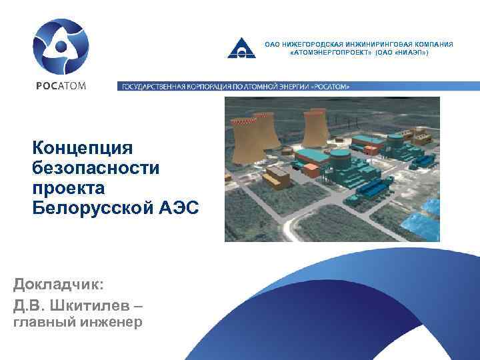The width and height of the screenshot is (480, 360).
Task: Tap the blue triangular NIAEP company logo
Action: click(241, 47)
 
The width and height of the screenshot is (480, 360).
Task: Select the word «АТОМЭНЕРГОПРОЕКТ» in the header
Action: click(326, 51)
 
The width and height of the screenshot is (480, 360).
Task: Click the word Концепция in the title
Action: click(84, 147)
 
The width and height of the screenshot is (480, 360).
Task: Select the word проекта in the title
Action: click(65, 187)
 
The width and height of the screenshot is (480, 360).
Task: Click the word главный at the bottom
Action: click(45, 323)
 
